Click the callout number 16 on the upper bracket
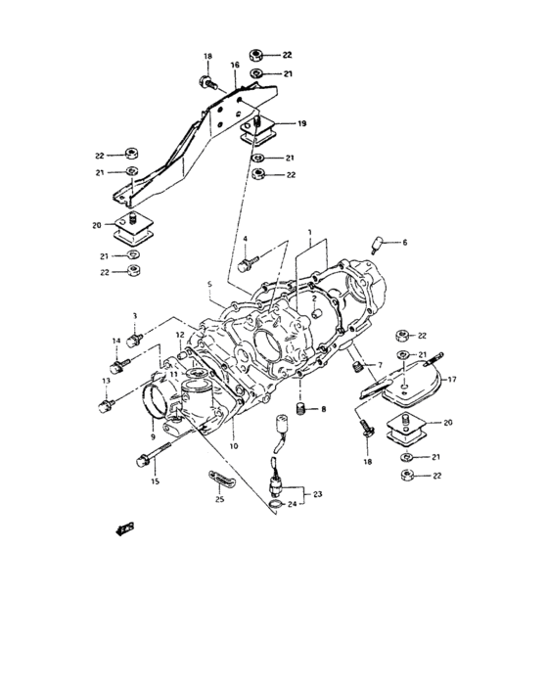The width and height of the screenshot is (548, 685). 235,66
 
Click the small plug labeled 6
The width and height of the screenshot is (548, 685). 378,242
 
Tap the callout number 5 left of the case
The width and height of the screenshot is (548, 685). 207,286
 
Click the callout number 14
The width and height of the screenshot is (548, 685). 115,342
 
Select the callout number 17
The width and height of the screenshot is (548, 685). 453,379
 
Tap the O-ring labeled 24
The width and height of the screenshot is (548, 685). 278,505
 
